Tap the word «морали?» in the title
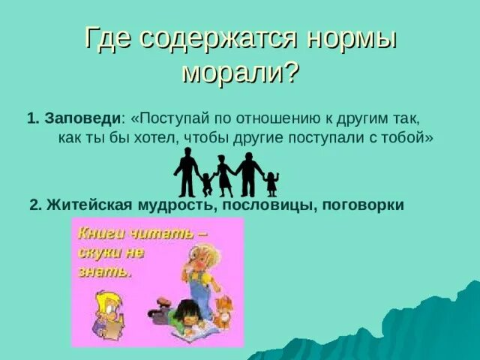pyautogui.click(x=241, y=73)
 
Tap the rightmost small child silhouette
pyautogui.click(x=271, y=183)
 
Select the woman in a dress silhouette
pyautogui.click(x=223, y=174)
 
